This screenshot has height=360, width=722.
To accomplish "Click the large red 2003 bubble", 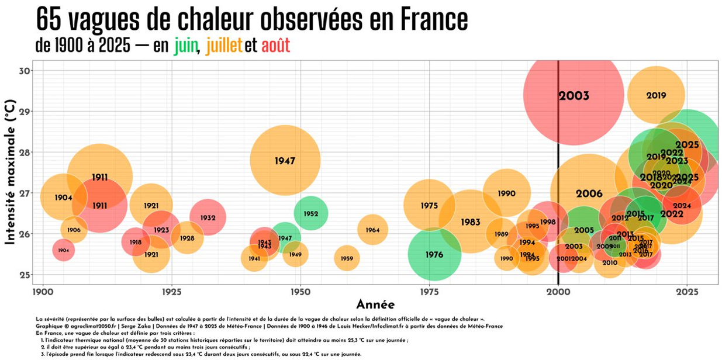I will point(574,96).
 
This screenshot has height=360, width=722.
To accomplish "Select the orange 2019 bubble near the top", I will point(656,95).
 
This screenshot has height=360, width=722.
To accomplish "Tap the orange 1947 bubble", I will point(285,161).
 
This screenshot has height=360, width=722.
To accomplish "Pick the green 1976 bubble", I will point(434,255).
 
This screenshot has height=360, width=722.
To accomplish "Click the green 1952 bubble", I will point(310,213).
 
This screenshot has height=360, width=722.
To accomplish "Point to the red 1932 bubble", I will point(208,217).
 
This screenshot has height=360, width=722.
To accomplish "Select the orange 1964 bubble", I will point(372,230).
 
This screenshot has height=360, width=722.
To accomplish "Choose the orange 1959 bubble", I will point(347,258).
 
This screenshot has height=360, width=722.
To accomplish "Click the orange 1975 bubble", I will point(429,206).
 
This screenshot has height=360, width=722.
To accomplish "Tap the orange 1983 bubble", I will point(470,222).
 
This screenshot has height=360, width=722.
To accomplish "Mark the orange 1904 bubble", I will point(63,198).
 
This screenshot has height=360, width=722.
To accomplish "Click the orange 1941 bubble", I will point(254,258).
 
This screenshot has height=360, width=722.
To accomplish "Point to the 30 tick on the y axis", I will point(26,71).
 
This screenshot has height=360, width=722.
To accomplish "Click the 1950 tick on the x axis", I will point(300,291).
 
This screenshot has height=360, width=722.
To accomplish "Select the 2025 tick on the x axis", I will point(687,291).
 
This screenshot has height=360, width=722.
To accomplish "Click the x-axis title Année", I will point(375,304).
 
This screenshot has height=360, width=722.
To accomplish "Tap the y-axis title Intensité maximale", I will point(10,172).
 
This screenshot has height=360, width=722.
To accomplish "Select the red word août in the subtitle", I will point(275,46).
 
